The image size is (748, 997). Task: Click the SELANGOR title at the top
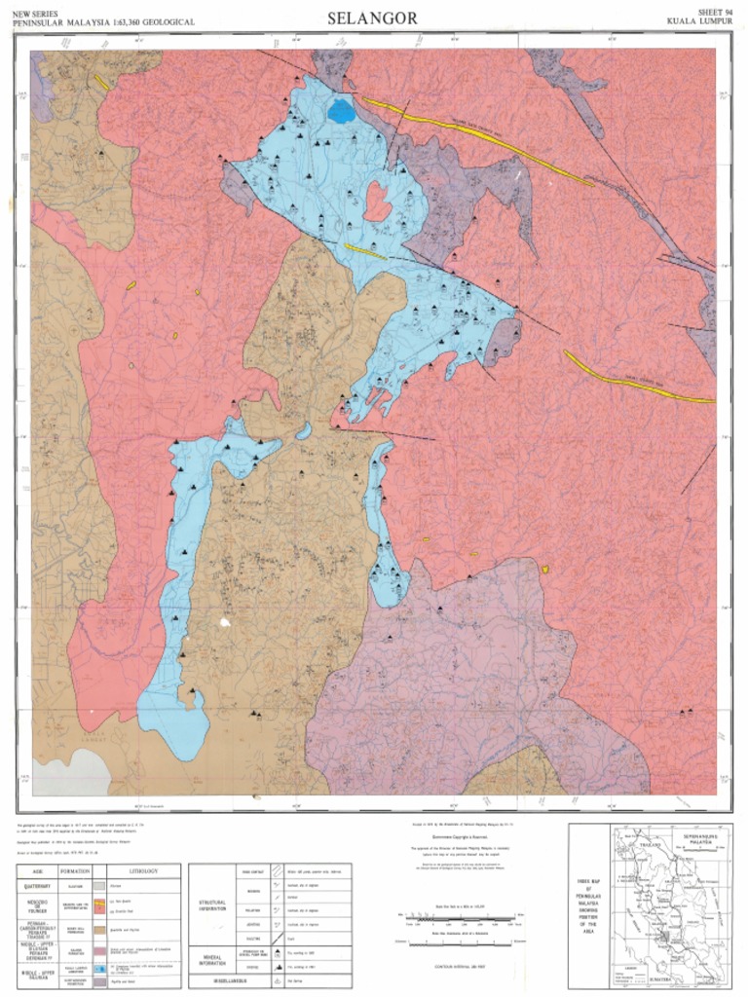pyautogui.click(x=372, y=18)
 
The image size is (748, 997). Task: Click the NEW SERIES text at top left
pyautogui.click(x=36, y=12)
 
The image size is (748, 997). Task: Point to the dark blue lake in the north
pyautogui.click(x=341, y=111)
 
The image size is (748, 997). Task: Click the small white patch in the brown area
pyautogui.click(x=227, y=620)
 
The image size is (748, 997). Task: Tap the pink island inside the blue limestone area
pyautogui.click(x=377, y=202)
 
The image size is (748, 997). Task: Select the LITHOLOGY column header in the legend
pyautogui.click(x=144, y=869)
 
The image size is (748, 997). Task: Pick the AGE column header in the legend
pyautogui.click(x=35, y=869)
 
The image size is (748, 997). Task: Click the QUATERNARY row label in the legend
pyautogui.click(x=35, y=886)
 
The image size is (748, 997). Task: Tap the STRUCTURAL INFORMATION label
pyautogui.click(x=211, y=905)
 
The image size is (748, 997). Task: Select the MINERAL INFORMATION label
pyautogui.click(x=211, y=961)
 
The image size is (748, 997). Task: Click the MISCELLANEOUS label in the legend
pyautogui.click(x=211, y=980)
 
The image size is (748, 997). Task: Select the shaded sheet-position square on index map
pyautogui.click(x=664, y=937)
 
